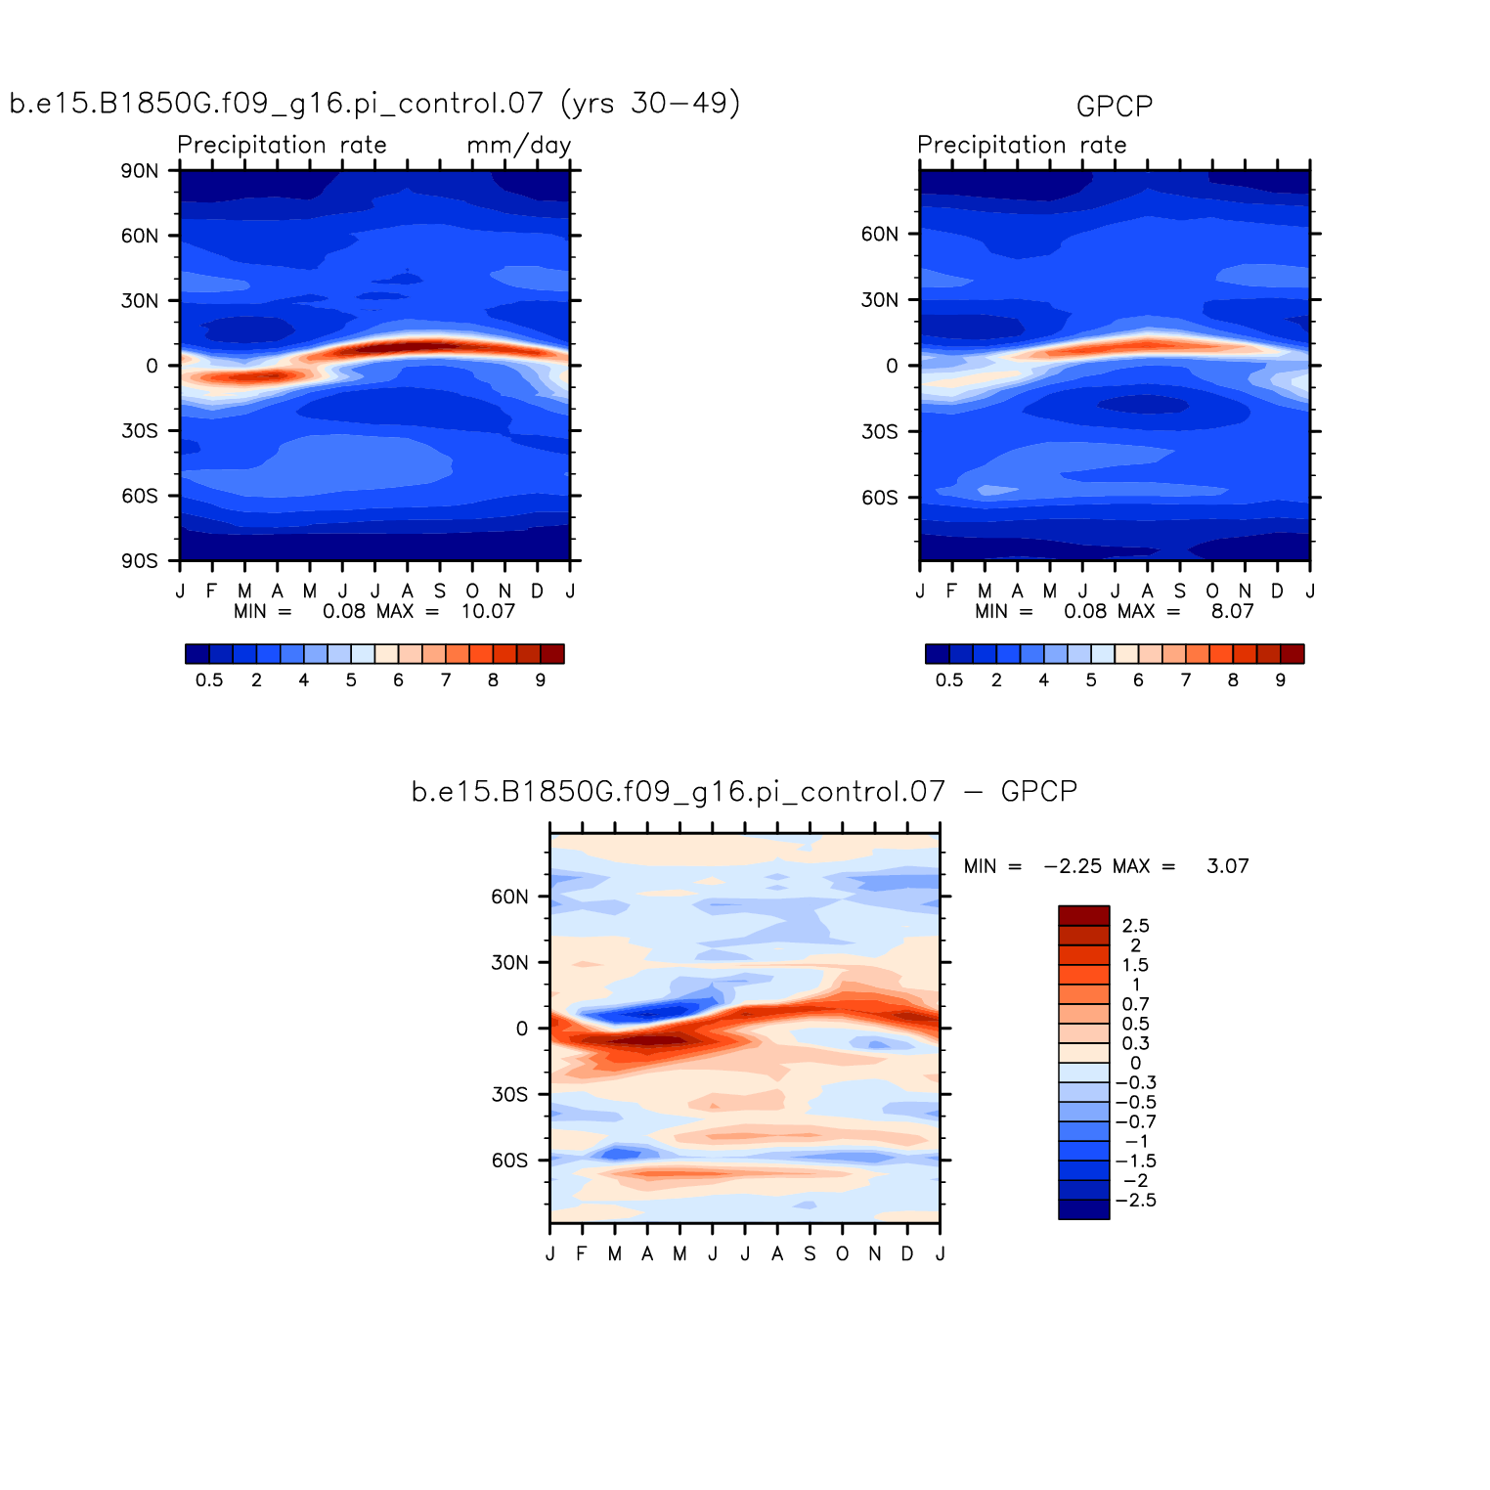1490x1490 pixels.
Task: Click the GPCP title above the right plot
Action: click(1114, 106)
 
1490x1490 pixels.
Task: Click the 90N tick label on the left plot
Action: click(139, 171)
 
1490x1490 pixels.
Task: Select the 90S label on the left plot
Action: click(139, 561)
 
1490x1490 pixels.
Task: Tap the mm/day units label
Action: click(518, 146)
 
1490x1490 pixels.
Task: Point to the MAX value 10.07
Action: click(488, 612)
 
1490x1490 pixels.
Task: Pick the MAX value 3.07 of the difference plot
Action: click(1227, 866)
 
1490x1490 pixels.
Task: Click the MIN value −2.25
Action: click(1073, 866)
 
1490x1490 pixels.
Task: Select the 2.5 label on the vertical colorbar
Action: click(1135, 926)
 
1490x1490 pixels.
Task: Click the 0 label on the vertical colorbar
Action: click(1135, 1063)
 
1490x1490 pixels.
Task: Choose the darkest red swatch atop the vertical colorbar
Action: click(1083, 915)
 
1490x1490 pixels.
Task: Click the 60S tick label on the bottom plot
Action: click(509, 1161)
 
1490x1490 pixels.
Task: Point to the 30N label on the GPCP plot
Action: click(879, 300)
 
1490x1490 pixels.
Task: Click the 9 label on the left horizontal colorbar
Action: click(540, 680)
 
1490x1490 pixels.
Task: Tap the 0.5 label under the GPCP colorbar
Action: click(948, 680)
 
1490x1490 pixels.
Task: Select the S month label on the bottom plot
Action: click(810, 1254)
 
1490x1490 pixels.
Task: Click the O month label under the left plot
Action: click(472, 592)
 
